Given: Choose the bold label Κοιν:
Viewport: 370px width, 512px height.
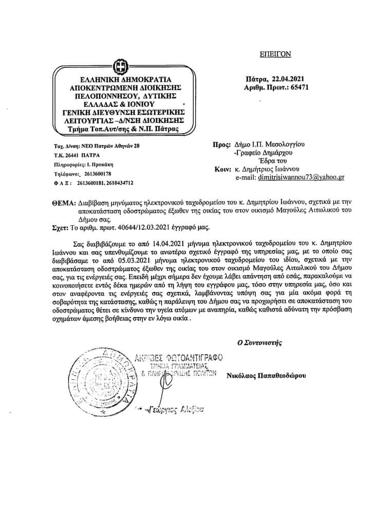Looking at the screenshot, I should point(222,169).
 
